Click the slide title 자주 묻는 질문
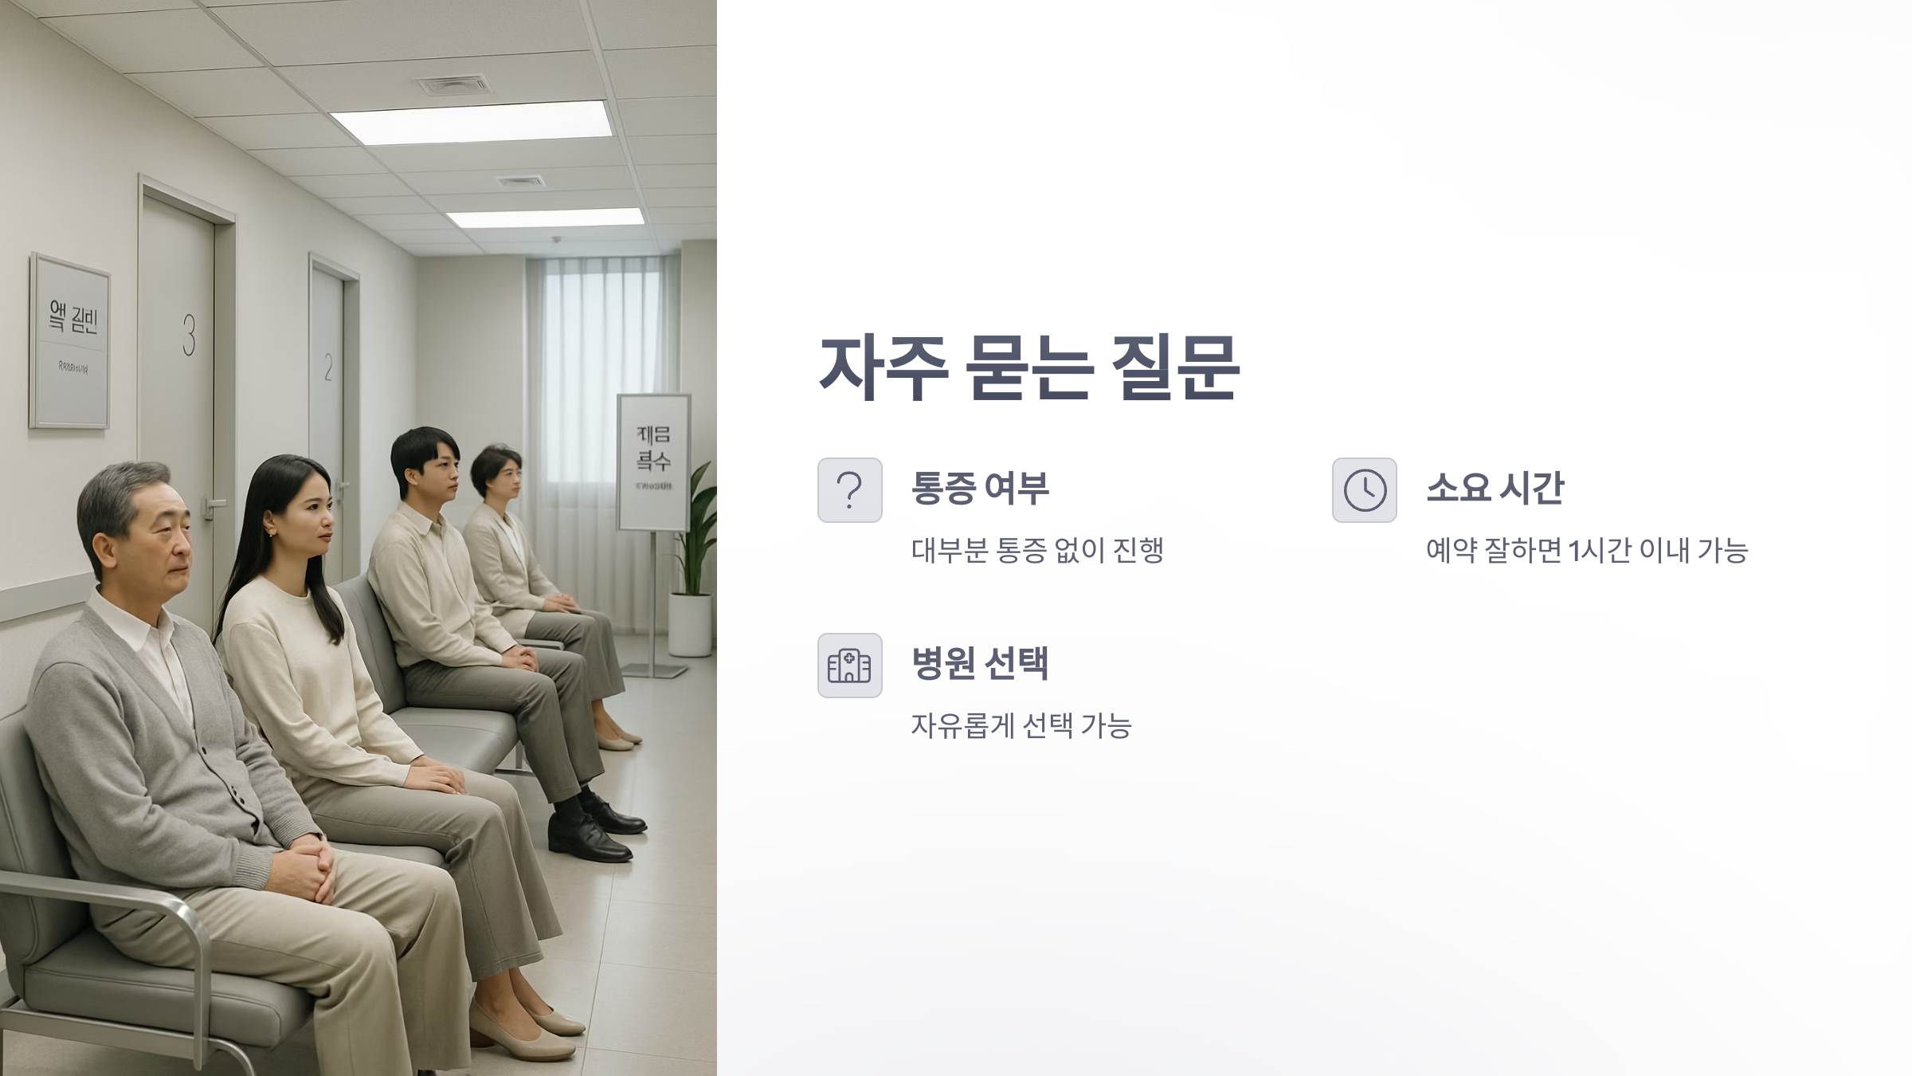pyautogui.click(x=1028, y=367)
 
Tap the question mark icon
pyautogui.click(x=849, y=490)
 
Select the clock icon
pyautogui.click(x=1364, y=490)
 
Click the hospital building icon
pyautogui.click(x=849, y=666)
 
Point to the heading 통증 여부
pyautogui.click(x=980, y=488)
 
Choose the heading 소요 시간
pyautogui.click(x=1495, y=488)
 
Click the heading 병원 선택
pyautogui.click(x=980, y=663)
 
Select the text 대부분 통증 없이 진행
pyautogui.click(x=1037, y=550)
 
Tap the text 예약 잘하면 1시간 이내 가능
pyautogui.click(x=1586, y=550)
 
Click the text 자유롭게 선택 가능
pyautogui.click(x=1021, y=725)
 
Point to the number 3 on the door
pyautogui.click(x=189, y=335)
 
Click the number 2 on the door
pyautogui.click(x=328, y=367)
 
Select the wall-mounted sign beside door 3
pyautogui.click(x=70, y=341)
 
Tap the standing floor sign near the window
pyautogui.click(x=653, y=462)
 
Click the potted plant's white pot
pyautogui.click(x=690, y=624)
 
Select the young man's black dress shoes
pyautogui.click(x=590, y=833)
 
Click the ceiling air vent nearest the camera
pyautogui.click(x=454, y=84)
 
